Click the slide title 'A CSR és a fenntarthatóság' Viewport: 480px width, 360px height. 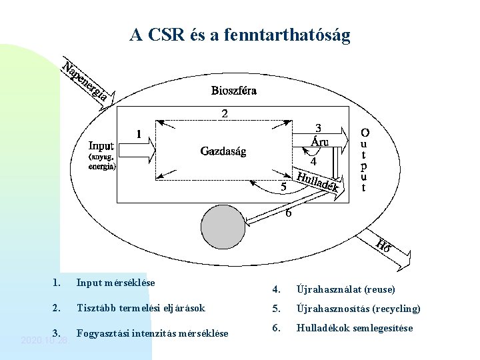click(240, 35)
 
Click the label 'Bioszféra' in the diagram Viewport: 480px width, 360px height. click(234, 90)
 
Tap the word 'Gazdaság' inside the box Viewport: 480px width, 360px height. click(223, 151)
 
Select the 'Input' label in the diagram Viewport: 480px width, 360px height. click(101, 146)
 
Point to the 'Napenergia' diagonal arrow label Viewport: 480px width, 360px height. click(85, 82)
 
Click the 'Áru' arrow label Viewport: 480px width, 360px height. click(319, 141)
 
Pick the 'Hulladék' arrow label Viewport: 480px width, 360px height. click(319, 184)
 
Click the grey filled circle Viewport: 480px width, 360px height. click(223, 226)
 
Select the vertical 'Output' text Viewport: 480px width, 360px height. click(364, 160)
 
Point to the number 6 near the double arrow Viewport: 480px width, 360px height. click(288, 213)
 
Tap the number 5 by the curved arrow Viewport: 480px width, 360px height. click(283, 187)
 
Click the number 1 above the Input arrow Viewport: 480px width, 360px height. click(139, 134)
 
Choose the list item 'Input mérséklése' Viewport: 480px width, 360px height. click(115, 283)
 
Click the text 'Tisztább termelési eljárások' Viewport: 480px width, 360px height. click(141, 308)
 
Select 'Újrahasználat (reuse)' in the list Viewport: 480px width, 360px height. click(345, 289)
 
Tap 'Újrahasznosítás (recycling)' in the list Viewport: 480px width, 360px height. click(358, 309)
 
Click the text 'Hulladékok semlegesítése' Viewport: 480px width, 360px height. click(354, 328)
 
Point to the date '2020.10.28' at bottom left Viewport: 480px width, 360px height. click(45, 340)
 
